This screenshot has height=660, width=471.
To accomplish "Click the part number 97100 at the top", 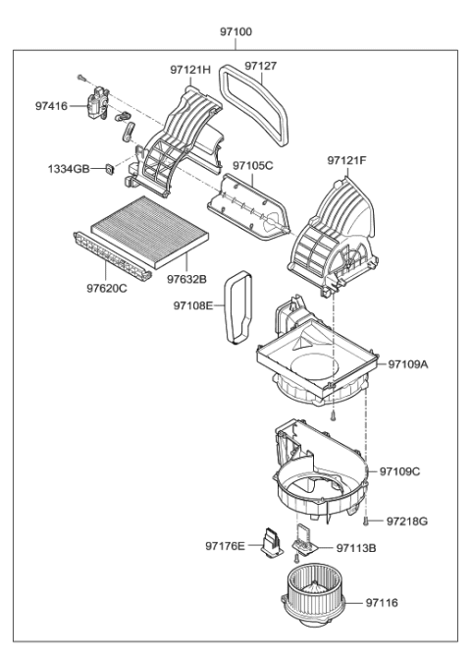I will (x=235, y=32).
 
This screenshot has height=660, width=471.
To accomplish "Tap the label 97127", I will (x=261, y=66).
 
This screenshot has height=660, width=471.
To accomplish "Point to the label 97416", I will (x=52, y=105).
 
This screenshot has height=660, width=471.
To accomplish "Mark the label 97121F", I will (x=347, y=159).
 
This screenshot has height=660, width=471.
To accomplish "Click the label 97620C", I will (x=107, y=289).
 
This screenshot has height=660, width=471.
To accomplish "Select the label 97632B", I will (x=186, y=279).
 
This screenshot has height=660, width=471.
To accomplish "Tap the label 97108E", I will (x=194, y=305).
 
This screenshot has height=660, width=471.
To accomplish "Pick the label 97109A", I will (x=408, y=363).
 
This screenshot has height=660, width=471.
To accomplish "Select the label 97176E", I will (x=226, y=546).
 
